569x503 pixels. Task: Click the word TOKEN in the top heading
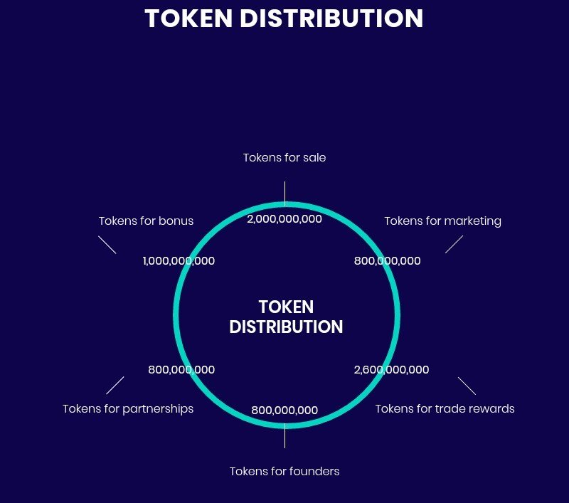coord(188,18)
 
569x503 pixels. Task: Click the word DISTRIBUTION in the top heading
coord(331,18)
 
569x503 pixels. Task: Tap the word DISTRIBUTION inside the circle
coord(286,327)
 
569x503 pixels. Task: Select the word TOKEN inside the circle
coord(286,307)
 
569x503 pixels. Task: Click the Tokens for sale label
coord(284,157)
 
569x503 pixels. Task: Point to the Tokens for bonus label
coord(147,221)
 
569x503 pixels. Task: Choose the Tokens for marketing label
coord(442,221)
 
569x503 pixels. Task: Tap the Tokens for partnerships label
coord(128,409)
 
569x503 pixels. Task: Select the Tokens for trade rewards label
coord(445,408)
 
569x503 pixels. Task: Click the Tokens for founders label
coord(284,471)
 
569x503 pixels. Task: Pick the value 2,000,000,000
coord(284,219)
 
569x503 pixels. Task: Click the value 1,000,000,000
coord(179,260)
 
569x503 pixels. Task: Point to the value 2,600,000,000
coord(392,369)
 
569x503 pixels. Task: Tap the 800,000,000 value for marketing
coord(387,260)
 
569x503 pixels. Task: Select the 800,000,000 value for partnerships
coord(181,369)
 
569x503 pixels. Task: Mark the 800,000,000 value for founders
coord(284,410)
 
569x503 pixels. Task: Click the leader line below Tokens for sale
coord(285,194)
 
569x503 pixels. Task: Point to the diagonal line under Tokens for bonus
coord(107,245)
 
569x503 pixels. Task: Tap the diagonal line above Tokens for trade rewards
coord(467,386)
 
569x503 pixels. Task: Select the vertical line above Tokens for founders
coord(285,435)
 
